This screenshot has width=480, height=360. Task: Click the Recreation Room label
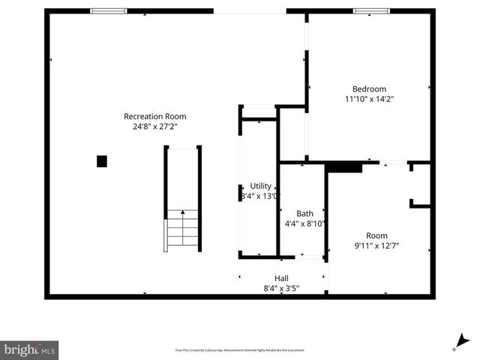[154, 116]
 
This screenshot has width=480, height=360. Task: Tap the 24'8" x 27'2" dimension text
[154, 127]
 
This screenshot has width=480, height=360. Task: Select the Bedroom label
[369, 88]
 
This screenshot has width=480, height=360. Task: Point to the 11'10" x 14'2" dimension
[369, 99]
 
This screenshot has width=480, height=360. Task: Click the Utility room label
[261, 186]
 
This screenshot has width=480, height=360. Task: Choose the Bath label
[304, 213]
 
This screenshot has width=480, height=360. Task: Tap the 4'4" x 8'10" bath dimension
[304, 223]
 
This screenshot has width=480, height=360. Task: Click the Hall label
[281, 278]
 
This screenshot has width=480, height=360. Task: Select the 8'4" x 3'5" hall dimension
[281, 288]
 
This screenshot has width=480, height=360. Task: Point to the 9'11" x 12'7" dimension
[376, 245]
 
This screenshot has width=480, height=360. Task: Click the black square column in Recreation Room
[102, 160]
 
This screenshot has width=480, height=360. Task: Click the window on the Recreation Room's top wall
[108, 11]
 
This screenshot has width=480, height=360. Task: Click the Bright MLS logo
[30, 349]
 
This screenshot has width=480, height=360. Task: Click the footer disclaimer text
[240, 349]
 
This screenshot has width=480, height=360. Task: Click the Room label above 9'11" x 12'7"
[376, 235]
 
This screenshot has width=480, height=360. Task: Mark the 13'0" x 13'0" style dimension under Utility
[259, 196]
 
